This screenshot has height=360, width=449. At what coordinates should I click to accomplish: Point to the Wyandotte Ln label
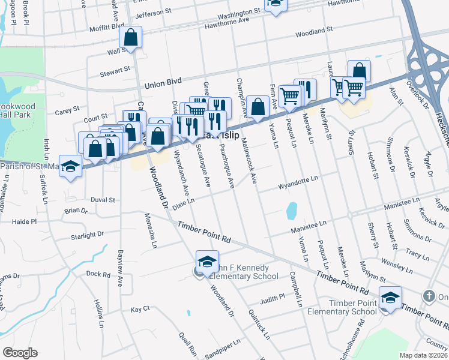pos(297,179)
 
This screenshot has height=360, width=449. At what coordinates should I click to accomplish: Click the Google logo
pos(19,353)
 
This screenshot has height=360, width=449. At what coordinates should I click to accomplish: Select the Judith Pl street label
pos(273,298)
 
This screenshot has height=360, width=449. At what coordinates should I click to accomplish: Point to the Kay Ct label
pos(140,309)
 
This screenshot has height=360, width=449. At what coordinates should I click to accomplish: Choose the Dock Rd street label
pos(98,274)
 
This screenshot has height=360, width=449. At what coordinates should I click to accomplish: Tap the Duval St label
pos(103,199)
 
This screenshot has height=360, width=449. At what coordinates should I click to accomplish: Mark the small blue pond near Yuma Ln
pos(292,211)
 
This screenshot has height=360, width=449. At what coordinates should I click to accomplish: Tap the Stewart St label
pos(116,70)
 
